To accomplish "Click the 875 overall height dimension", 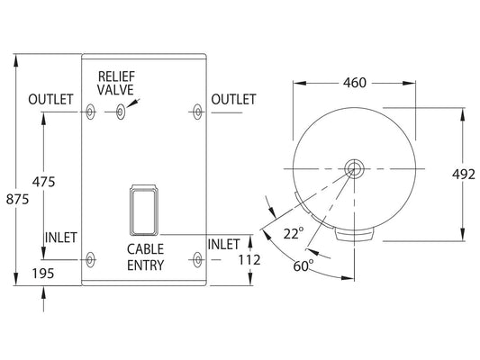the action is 17,200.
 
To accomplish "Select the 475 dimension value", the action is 43,182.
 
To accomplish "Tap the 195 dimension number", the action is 43,274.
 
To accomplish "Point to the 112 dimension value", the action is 249,260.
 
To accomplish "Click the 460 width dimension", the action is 355,83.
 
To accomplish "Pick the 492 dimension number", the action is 464,175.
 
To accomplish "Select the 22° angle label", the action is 294,234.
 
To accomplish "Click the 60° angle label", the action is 303,265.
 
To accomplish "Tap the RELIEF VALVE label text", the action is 115,83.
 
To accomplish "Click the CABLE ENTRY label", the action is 145,257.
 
